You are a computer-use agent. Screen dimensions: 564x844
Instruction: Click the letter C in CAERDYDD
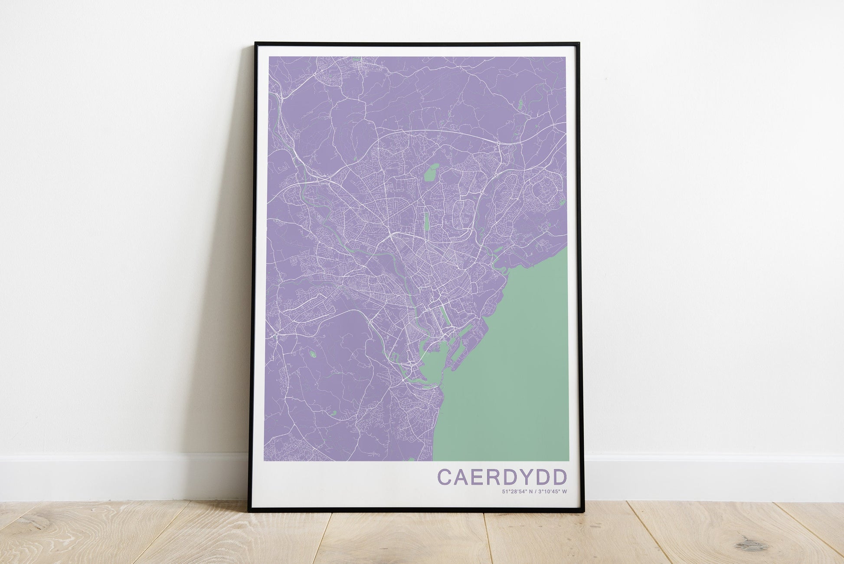click(x=446, y=476)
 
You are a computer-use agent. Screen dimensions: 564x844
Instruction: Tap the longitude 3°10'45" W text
click(x=551, y=492)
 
